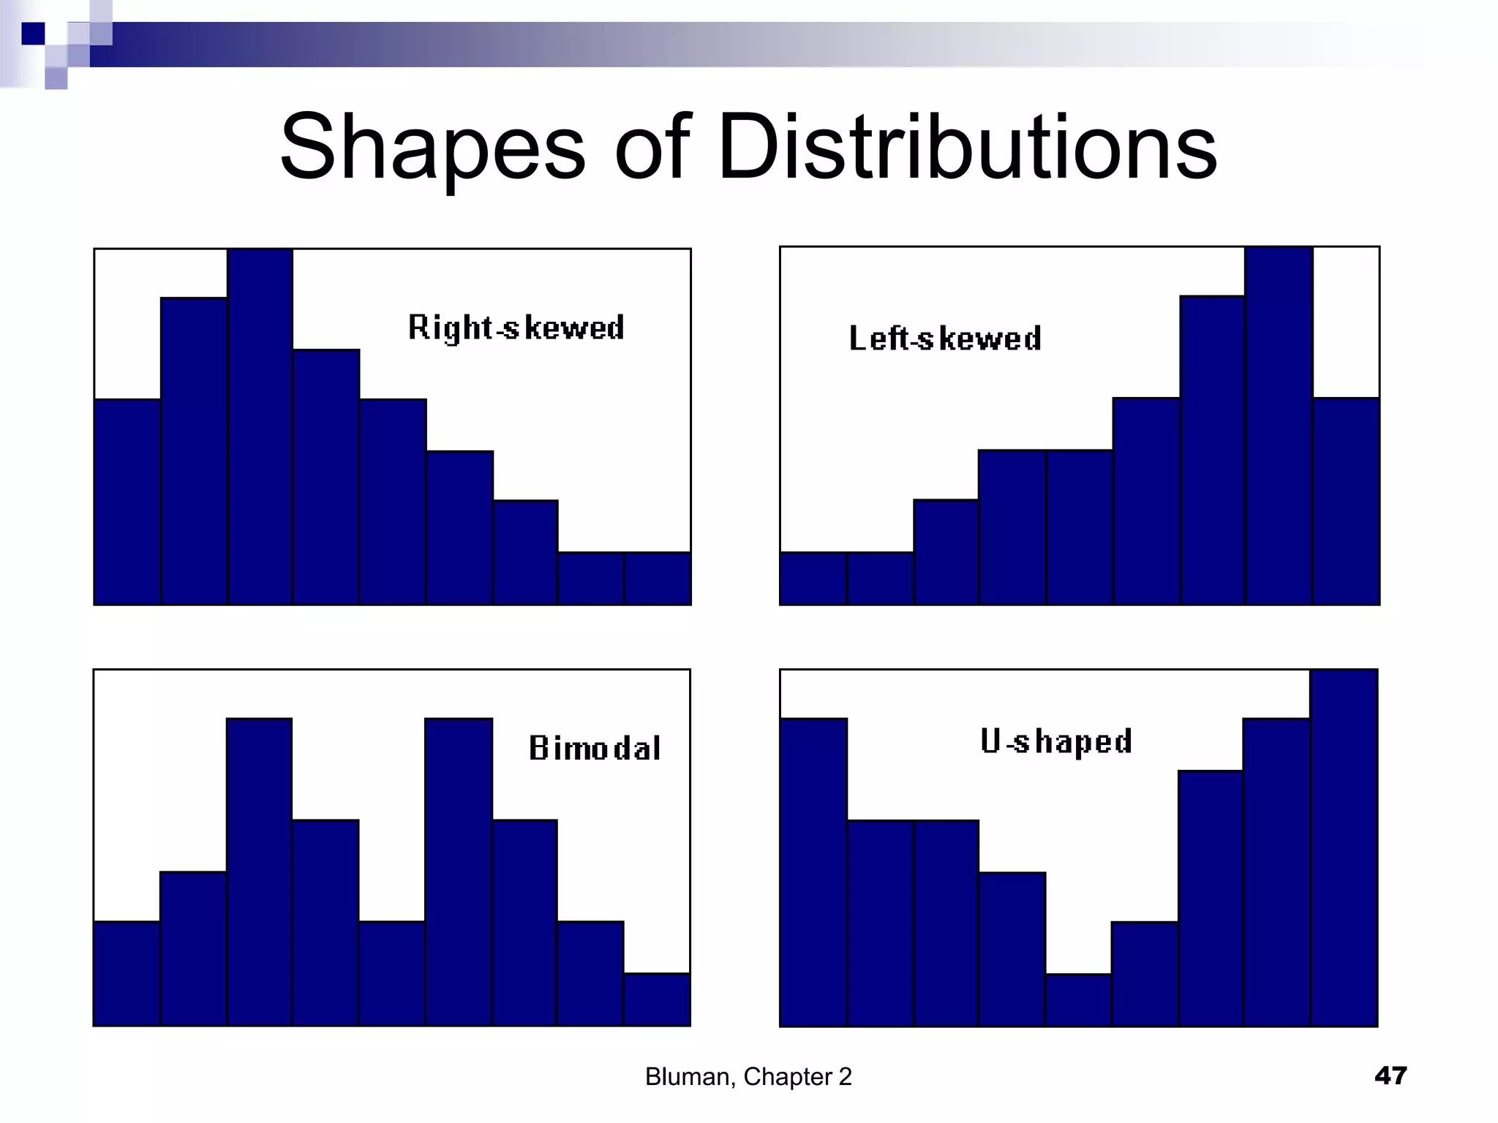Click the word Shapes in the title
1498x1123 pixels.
(432, 146)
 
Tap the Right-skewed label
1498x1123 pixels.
(516, 327)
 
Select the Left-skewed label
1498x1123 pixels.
(945, 339)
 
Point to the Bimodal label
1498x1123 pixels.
(595, 748)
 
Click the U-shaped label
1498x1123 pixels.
(1056, 741)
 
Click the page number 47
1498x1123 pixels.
(1390, 1075)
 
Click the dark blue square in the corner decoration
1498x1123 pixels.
(33, 34)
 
